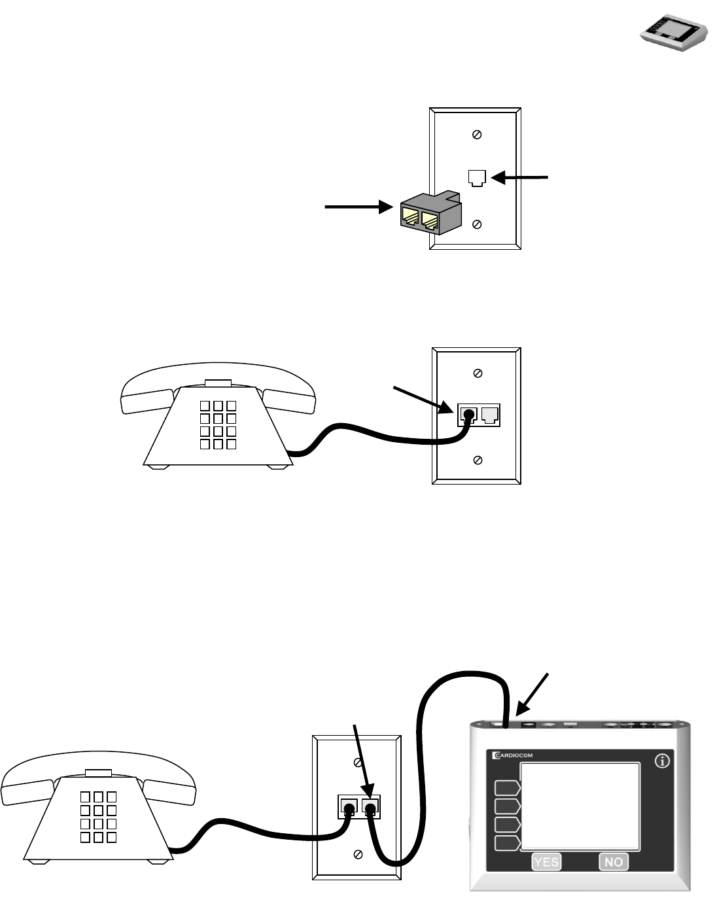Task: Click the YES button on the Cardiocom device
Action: click(546, 862)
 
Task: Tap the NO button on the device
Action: click(614, 862)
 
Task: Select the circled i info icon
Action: click(662, 762)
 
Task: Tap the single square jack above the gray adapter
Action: click(477, 177)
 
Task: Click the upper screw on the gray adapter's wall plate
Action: click(477, 135)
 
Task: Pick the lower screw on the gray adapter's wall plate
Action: click(477, 224)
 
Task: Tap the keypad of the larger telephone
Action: click(98, 817)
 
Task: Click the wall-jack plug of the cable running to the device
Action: click(371, 810)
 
